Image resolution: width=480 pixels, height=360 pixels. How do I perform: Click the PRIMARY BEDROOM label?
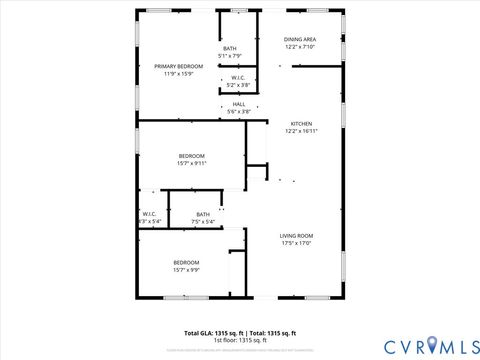pyautogui.click(x=178, y=66)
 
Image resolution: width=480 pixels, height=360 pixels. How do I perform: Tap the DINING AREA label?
pyautogui.click(x=300, y=39)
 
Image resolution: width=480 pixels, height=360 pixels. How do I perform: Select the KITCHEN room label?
pyautogui.click(x=301, y=124)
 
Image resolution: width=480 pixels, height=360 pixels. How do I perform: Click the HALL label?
pyautogui.click(x=239, y=104)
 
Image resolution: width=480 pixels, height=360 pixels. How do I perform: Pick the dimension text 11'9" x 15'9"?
pyautogui.click(x=178, y=74)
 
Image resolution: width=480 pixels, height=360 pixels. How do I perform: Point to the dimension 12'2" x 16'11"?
pyautogui.click(x=301, y=132)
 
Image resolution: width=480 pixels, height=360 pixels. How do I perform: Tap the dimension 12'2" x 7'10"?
pyautogui.click(x=300, y=47)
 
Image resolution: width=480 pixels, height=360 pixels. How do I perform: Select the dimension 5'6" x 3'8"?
pyautogui.click(x=239, y=112)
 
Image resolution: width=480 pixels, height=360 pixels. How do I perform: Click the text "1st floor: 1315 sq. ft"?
pyautogui.click(x=240, y=340)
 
